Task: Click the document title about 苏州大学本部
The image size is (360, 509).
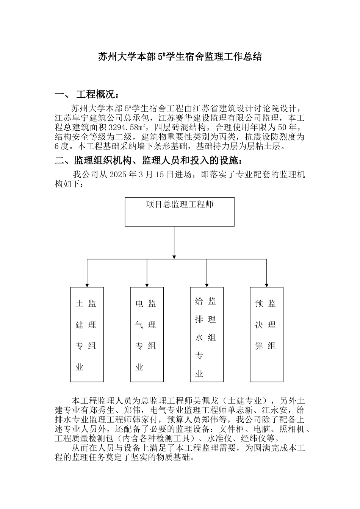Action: (180, 57)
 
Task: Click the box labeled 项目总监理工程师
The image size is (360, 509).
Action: (180, 212)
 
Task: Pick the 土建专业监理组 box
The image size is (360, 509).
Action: (87, 334)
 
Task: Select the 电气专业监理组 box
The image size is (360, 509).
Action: (147, 334)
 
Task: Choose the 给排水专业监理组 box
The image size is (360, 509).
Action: (207, 334)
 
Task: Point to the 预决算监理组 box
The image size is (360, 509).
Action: (266, 334)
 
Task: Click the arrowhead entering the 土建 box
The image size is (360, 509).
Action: (87, 284)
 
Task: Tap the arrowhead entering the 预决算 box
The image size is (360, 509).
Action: (266, 284)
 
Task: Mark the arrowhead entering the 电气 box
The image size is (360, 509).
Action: (147, 284)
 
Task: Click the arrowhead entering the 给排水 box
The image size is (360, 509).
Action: (207, 284)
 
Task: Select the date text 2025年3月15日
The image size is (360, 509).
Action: (142, 175)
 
